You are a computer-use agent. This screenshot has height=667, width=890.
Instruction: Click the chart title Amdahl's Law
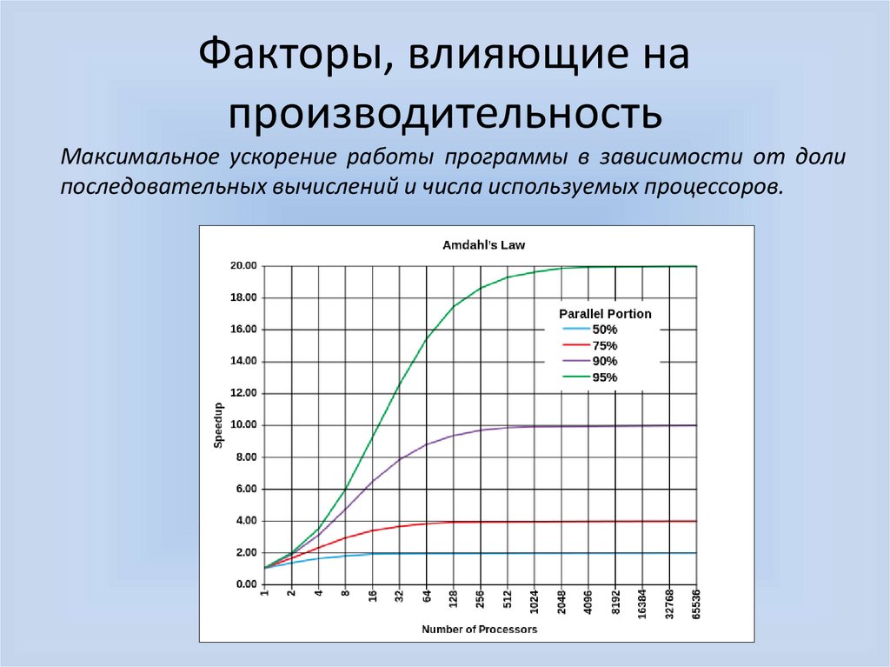pos(483,245)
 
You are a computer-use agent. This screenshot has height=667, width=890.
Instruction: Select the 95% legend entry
pos(604,377)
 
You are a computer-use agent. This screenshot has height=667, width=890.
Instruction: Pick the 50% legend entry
pos(604,330)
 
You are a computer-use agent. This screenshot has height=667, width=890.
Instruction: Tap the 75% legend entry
pos(604,345)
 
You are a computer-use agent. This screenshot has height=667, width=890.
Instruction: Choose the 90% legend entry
pos(604,361)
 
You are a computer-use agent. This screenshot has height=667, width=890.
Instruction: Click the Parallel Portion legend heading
pos(604,314)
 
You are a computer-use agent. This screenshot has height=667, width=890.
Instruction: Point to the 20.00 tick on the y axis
pos(243,266)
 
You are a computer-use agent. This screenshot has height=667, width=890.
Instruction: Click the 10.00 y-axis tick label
pos(243,425)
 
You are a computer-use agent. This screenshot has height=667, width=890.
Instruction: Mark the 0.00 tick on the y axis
pos(246,584)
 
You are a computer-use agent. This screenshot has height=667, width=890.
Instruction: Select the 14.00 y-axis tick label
pos(243,362)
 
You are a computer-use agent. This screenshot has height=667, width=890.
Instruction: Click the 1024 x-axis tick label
pos(535,602)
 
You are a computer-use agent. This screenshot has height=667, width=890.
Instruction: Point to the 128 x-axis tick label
pos(454,600)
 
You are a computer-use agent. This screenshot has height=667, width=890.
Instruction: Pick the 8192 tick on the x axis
pos(615,602)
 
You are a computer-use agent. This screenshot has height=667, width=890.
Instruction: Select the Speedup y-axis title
pos(218,425)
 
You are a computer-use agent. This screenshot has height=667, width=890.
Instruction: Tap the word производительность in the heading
pos(446,113)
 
